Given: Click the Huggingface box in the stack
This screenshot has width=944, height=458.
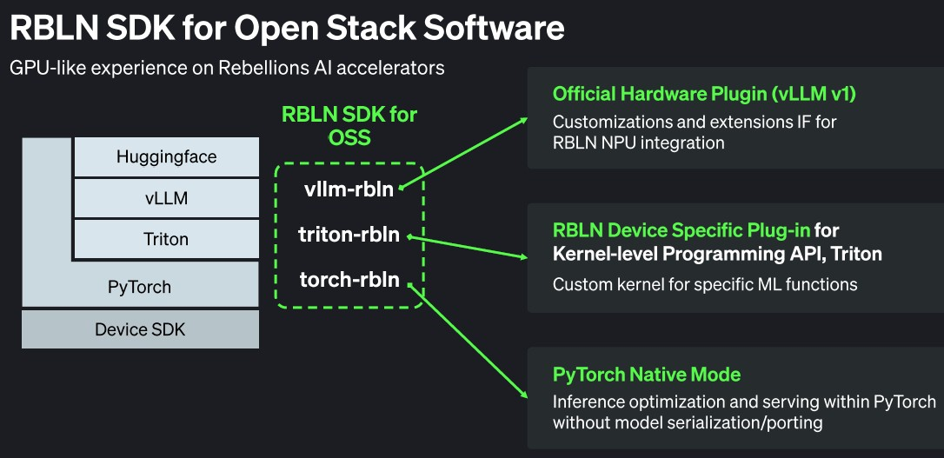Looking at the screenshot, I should [x=166, y=157].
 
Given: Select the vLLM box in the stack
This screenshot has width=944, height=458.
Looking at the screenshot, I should [x=166, y=199].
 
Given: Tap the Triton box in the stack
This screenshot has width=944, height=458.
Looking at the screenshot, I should [x=166, y=240].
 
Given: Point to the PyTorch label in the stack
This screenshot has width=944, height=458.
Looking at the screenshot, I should [x=139, y=287].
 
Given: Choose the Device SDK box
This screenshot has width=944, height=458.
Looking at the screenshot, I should [x=140, y=329].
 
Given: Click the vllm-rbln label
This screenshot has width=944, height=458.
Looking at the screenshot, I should [x=348, y=189].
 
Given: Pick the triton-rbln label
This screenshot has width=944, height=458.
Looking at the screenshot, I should [x=349, y=235].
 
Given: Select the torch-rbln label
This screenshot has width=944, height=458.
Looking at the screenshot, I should [x=349, y=279].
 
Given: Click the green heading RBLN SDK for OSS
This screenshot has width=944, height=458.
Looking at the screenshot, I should [x=349, y=126].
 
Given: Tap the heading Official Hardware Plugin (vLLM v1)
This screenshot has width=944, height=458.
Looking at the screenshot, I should [x=705, y=94].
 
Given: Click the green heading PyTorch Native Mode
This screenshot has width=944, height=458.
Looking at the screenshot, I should [x=647, y=375].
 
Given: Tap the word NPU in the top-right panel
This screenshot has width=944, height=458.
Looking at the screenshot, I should [x=628, y=143].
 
